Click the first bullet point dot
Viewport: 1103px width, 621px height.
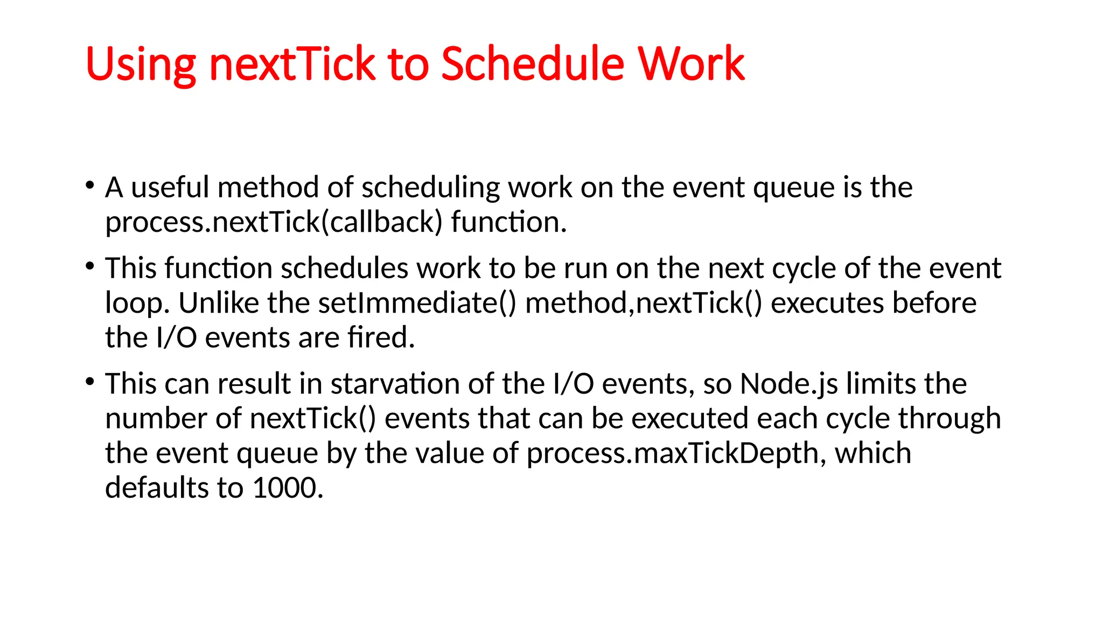click(90, 186)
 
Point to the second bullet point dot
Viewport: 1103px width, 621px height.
click(90, 266)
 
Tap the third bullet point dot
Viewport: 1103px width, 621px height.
click(90, 382)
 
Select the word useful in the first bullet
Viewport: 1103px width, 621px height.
click(170, 188)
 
